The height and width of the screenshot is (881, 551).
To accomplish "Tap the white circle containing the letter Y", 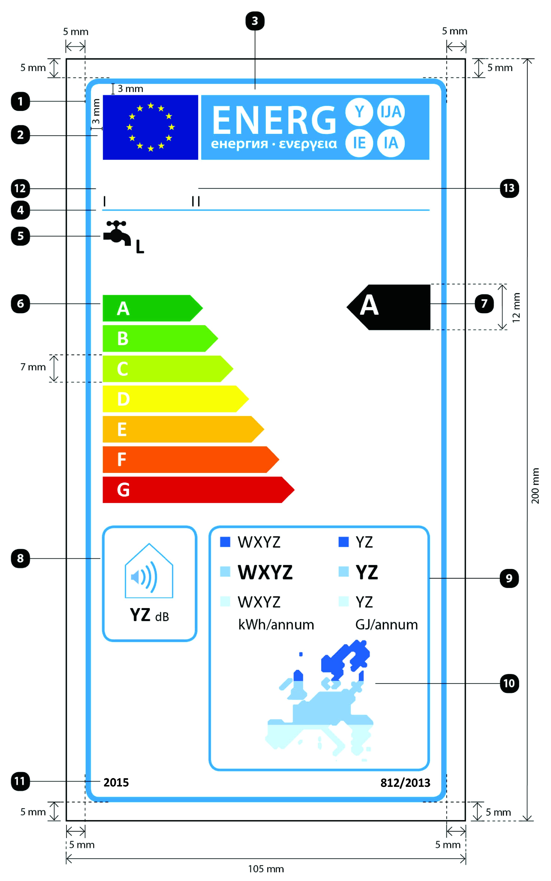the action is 359,112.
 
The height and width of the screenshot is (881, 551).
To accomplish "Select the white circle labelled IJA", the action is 391,112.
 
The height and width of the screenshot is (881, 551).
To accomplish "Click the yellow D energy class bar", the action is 176,399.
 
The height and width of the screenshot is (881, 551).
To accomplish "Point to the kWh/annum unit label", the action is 276,625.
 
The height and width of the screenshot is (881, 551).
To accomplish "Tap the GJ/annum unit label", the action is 386,625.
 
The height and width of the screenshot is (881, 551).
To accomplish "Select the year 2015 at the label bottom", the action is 116,783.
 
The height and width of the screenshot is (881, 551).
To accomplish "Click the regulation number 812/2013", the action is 405,783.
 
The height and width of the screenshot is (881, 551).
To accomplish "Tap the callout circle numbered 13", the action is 509,188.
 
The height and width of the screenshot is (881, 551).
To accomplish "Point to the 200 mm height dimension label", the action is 535,486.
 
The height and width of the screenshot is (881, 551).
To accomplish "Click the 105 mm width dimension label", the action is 266,869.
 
